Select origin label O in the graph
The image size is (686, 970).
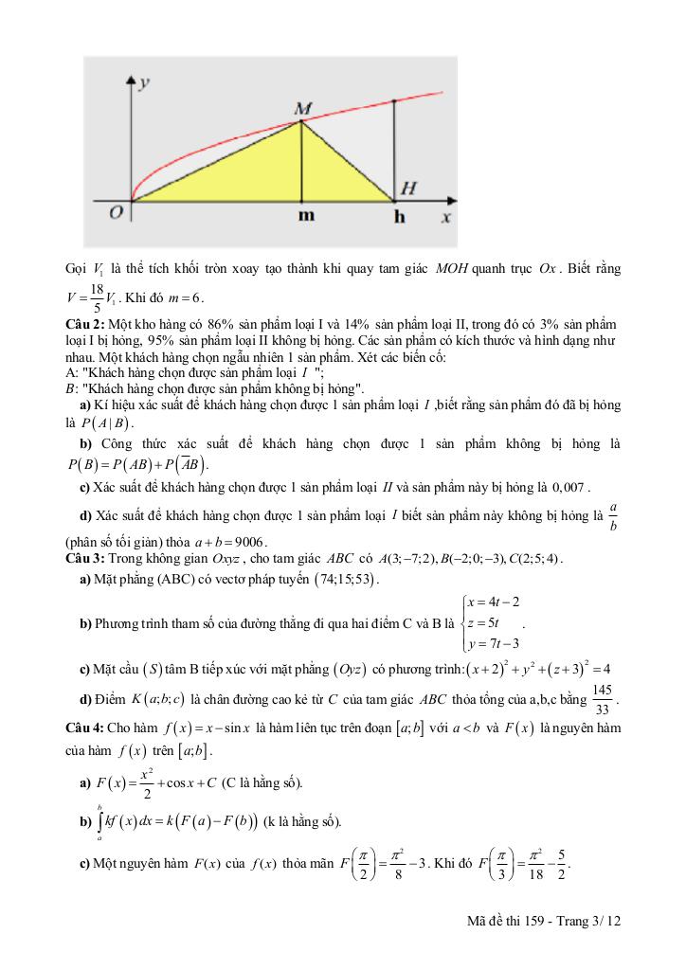point(115,213)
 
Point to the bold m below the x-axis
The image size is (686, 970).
point(304,217)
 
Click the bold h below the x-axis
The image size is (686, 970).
point(399,217)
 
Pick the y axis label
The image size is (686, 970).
point(144,83)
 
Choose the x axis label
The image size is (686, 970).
point(445,217)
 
